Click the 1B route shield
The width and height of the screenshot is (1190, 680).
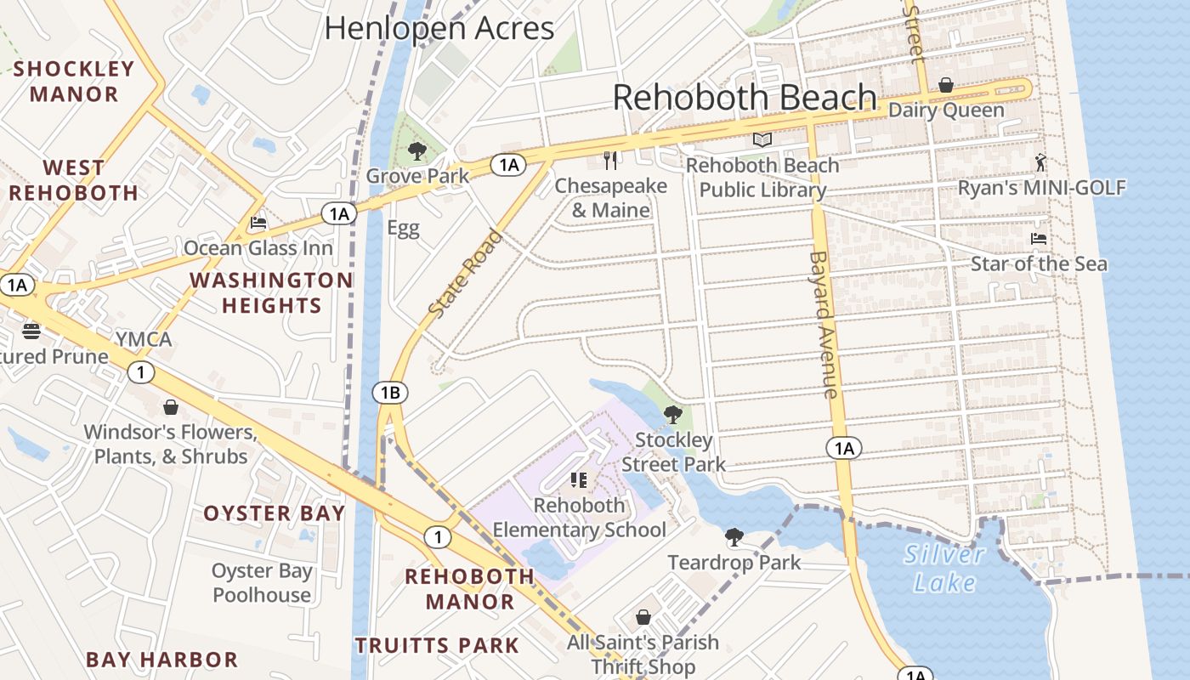(389, 393)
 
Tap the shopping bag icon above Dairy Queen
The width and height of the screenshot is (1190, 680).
(945, 85)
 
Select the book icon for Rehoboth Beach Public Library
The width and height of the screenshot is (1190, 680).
(762, 140)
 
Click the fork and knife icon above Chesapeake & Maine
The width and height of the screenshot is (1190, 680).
(609, 160)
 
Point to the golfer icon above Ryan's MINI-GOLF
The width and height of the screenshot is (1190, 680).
(1040, 162)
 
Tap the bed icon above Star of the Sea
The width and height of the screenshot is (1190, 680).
(1038, 238)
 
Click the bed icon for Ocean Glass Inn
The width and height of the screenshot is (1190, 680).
(258, 223)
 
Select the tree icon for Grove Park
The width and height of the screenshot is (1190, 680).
(416, 151)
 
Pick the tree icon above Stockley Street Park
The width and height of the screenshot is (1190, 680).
(672, 415)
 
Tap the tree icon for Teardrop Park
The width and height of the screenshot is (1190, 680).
(734, 537)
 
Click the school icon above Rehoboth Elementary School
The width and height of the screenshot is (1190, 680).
(579, 480)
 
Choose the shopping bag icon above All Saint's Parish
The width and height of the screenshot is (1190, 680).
(643, 617)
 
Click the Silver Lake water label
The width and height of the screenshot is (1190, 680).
(944, 569)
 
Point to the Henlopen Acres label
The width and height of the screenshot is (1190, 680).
(439, 28)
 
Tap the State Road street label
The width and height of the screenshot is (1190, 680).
(464, 274)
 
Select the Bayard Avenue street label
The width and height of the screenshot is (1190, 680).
(823, 324)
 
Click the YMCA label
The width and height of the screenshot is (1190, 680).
(144, 340)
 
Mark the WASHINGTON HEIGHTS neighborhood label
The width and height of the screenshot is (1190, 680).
(271, 292)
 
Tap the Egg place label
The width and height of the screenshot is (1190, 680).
(403, 228)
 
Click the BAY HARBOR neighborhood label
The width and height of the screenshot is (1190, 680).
(161, 660)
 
